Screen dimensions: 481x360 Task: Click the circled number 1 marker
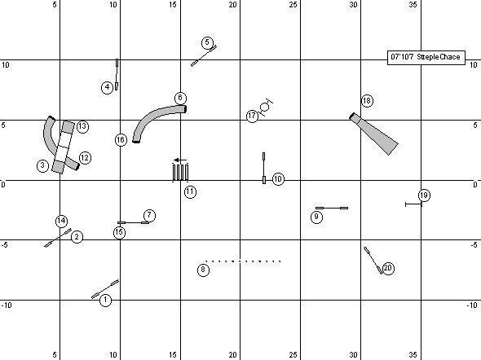pyautogui.click(x=105, y=300)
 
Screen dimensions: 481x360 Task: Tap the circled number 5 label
pyautogui.click(x=207, y=42)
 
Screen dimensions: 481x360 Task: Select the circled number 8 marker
pyautogui.click(x=203, y=270)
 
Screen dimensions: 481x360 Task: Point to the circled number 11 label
pyautogui.click(x=190, y=191)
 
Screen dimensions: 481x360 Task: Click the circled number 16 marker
pyautogui.click(x=121, y=140)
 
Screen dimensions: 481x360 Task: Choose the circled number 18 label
pyautogui.click(x=367, y=101)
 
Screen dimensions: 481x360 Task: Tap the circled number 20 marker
pyautogui.click(x=388, y=269)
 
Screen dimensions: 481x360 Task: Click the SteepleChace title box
pyautogui.click(x=426, y=57)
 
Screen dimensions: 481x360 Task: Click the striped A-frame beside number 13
pyautogui.click(x=64, y=147)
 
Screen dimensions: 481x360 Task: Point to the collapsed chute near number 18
pyautogui.click(x=375, y=134)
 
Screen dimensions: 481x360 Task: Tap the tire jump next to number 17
pyautogui.click(x=265, y=107)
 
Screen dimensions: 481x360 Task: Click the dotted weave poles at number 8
pyautogui.click(x=243, y=261)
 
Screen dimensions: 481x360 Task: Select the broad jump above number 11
pyautogui.click(x=180, y=172)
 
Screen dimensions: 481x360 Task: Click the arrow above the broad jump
pyautogui.click(x=180, y=160)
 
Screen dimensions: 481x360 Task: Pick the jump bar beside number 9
pyautogui.click(x=332, y=208)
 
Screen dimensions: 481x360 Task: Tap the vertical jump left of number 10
pyautogui.click(x=264, y=168)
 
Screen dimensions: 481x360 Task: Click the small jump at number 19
pyautogui.click(x=413, y=204)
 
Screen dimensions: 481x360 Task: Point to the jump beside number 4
pyautogui.click(x=117, y=74)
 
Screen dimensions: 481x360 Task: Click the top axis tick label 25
pyautogui.click(x=293, y=5)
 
